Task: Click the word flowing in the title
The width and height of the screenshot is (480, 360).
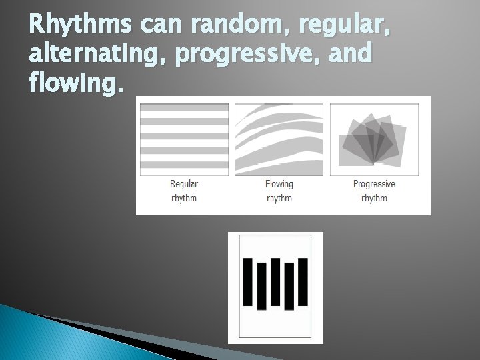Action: (67, 85)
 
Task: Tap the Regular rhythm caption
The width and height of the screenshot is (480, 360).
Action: (184, 191)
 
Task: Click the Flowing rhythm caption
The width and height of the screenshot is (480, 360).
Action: (279, 191)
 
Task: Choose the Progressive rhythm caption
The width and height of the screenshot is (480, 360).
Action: (374, 191)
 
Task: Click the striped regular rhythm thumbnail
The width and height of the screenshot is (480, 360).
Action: (184, 138)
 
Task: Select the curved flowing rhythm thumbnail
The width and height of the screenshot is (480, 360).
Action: (279, 138)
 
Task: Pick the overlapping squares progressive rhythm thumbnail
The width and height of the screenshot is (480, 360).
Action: (374, 138)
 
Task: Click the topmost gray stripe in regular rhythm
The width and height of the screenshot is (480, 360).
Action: (184, 107)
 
